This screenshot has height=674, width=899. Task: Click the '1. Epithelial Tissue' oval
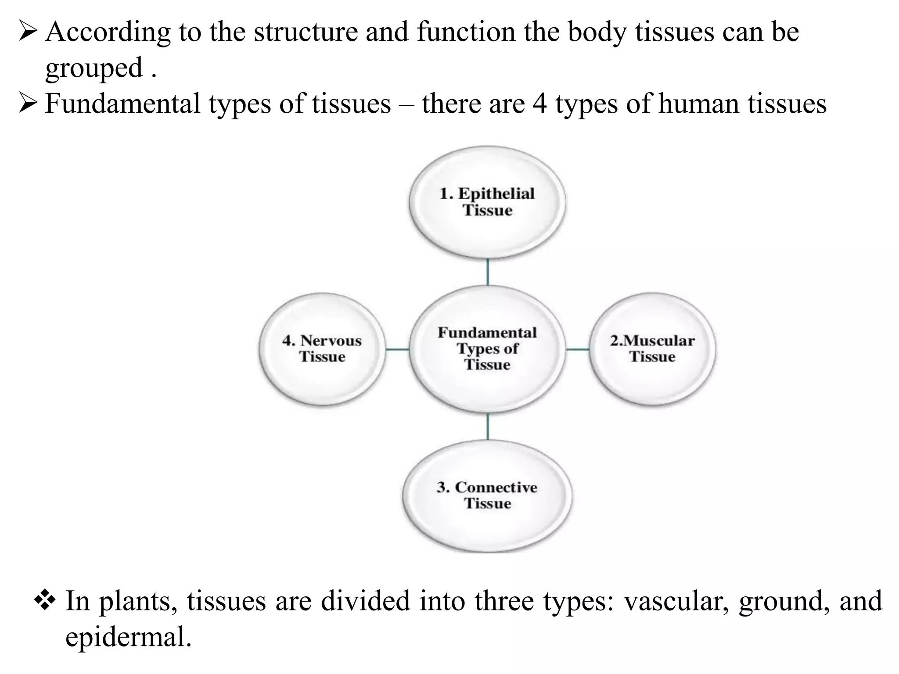click(487, 202)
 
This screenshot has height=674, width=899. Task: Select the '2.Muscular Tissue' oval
click(652, 349)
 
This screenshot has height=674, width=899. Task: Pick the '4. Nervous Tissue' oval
click(322, 349)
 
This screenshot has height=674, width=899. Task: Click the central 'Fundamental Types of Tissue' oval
click(487, 349)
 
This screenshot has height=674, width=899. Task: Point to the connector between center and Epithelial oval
click(488, 272)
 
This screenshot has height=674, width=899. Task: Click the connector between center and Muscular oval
click(577, 349)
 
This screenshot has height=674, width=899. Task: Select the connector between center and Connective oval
click(488, 427)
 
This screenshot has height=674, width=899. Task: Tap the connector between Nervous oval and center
click(397, 349)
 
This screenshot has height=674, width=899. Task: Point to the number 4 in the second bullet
click(539, 104)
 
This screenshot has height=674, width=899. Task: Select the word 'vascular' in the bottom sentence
click(676, 601)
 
